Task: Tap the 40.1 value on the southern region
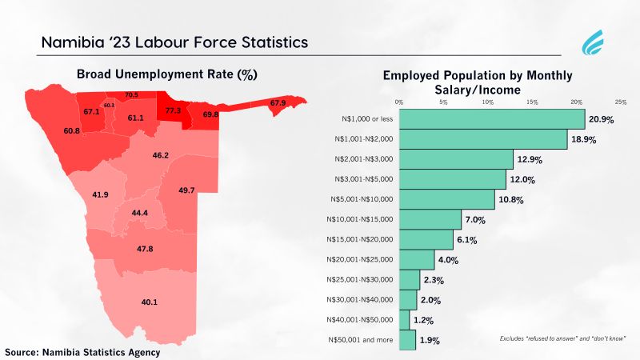[x=150, y=302]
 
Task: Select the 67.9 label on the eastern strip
[x=278, y=102]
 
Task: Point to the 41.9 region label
[x=100, y=194]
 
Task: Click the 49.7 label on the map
[x=186, y=190]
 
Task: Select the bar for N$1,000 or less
[x=491, y=119]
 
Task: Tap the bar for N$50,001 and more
[x=407, y=341]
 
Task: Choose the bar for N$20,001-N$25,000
[x=416, y=260]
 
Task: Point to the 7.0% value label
[x=476, y=219]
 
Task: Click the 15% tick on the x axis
[x=531, y=102]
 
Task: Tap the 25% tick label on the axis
[x=620, y=102]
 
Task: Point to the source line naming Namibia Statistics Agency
[x=83, y=352]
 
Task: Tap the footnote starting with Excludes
[x=557, y=339]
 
